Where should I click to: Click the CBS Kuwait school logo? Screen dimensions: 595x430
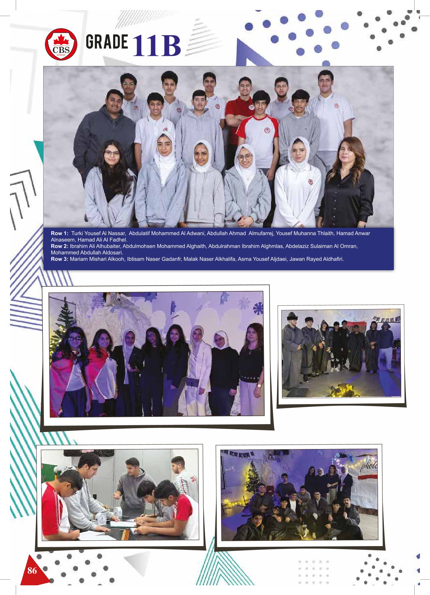[x=61, y=45]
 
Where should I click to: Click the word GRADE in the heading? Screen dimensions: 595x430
[x=107, y=42]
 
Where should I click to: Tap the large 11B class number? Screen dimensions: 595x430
[x=157, y=46]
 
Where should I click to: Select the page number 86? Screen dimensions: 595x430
[x=32, y=571]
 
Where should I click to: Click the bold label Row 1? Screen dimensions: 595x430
[x=59, y=233]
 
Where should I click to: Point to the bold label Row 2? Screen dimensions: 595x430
[x=59, y=246]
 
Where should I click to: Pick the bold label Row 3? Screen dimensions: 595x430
[x=59, y=259]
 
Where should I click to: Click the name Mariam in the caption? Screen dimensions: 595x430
[x=78, y=259]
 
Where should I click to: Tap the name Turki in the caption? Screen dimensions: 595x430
[x=77, y=233]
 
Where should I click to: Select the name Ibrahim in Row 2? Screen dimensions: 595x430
[x=79, y=246]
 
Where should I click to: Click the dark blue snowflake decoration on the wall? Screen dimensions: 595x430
[x=258, y=308]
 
